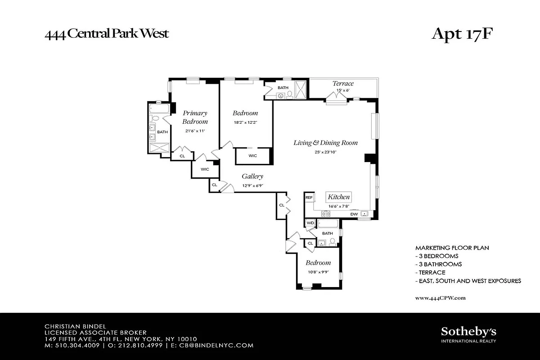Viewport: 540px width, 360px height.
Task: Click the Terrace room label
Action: pos(343,83)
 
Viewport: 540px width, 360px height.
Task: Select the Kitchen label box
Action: pos(338,197)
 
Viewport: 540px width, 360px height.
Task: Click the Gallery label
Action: pos(252,176)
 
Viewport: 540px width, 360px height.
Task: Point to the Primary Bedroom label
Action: pos(195,117)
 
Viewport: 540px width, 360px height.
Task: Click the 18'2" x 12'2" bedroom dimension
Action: pos(245,122)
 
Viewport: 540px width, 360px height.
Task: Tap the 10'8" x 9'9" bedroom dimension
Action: pos(318,272)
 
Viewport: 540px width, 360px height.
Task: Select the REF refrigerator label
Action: pos(309,198)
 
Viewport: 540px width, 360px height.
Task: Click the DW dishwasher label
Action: pos(354,214)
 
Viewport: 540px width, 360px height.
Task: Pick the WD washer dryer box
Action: pos(310,223)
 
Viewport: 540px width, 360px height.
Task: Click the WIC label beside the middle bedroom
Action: pos(253,156)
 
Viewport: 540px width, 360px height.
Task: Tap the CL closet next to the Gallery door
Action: pos(215,184)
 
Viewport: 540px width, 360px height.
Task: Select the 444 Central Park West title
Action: pos(106,34)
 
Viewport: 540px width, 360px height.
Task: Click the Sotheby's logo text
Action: pos(468,332)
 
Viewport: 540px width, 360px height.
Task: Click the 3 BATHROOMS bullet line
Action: pos(438,264)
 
